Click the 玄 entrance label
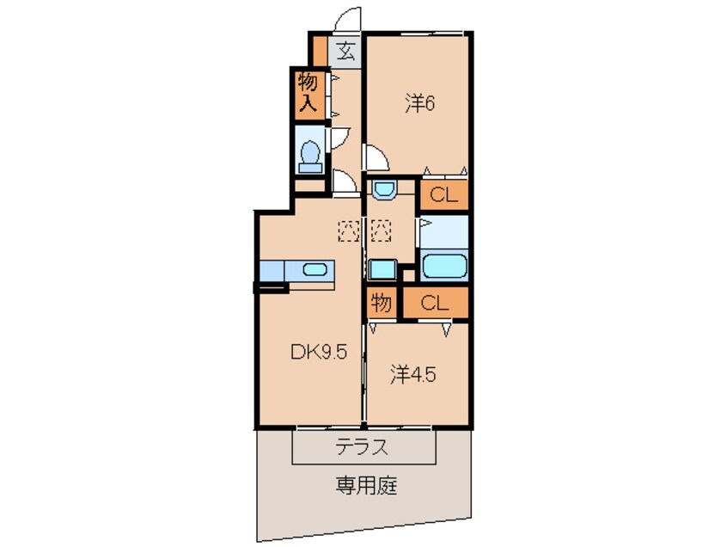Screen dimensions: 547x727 345,51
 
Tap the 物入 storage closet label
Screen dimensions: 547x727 308,94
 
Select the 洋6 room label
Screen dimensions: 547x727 421,103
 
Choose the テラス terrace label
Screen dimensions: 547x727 363,447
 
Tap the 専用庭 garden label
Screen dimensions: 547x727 365,486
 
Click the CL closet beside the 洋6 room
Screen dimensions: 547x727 443,194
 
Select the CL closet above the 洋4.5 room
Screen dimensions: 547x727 436,303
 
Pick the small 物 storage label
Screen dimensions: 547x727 381,303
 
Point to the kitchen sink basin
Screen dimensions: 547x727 315,270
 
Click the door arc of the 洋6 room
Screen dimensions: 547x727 375,157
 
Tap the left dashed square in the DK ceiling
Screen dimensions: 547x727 348,230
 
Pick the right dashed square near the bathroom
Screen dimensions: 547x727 381,230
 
